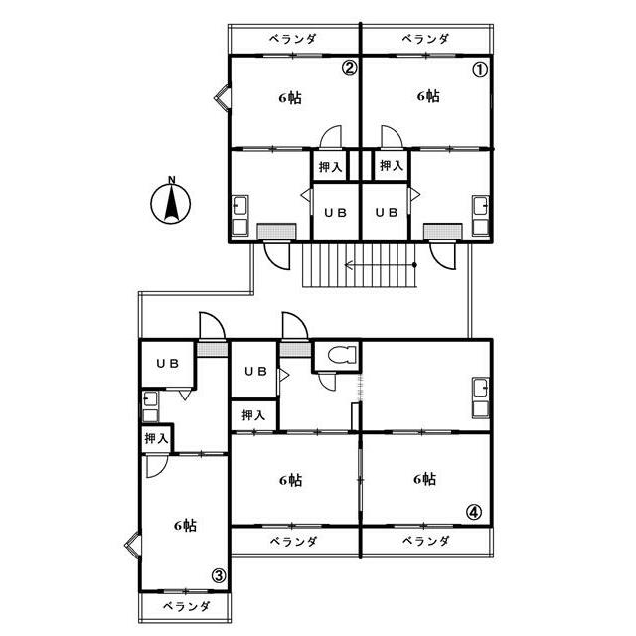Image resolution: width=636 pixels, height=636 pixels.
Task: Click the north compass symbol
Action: [170, 203]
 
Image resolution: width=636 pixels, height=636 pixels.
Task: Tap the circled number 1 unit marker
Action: [480, 70]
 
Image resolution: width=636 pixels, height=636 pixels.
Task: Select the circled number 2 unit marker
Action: [349, 68]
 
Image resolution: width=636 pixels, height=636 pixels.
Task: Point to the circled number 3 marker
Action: [219, 575]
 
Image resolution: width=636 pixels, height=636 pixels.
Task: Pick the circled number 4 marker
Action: [474, 512]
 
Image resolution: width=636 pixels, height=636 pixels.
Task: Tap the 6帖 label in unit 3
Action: [185, 526]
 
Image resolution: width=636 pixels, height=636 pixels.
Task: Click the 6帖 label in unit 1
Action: [428, 96]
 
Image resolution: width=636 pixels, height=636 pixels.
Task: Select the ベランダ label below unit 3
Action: [187, 606]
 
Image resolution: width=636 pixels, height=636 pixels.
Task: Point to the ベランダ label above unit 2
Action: [293, 39]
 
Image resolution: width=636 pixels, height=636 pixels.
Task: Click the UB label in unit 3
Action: [167, 364]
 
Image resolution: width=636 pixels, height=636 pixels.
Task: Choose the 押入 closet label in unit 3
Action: [156, 438]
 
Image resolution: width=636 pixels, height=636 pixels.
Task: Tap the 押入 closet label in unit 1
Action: [392, 166]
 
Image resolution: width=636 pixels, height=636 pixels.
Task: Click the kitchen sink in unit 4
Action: [480, 397]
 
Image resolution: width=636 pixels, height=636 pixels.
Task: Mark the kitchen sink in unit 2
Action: [239, 216]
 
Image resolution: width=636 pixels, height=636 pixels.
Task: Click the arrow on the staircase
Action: [381, 265]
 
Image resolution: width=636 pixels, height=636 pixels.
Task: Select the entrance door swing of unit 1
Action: [443, 256]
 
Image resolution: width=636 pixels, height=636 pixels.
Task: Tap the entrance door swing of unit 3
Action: [212, 325]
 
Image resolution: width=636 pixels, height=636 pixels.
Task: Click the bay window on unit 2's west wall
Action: [223, 97]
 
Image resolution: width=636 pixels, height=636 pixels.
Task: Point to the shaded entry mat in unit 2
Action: [277, 232]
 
